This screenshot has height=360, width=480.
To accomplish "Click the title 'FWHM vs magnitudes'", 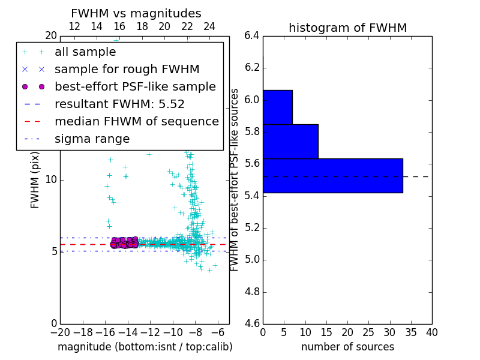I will point(136,13).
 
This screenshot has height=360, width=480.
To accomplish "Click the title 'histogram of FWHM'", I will point(347,28).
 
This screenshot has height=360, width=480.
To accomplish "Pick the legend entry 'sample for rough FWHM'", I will point(127,69).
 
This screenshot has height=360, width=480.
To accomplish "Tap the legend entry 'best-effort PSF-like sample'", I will point(135,86).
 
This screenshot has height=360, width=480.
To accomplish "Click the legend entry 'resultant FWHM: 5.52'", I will point(119,104).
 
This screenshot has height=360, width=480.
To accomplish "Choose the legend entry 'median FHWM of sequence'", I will point(136,121).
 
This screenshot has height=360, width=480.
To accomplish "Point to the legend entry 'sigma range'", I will point(92,139).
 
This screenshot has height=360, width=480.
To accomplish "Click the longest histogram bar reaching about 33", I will point(332,176).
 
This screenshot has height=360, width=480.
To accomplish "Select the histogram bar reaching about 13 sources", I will point(290,141).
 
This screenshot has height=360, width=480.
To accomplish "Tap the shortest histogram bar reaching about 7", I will point(277,107).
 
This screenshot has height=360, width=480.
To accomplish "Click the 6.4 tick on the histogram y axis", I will point(253,35).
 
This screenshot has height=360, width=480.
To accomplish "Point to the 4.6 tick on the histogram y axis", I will point(253,324).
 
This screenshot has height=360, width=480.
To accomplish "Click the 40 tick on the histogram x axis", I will point(431,332).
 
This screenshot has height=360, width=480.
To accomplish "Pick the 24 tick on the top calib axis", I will point(209,26).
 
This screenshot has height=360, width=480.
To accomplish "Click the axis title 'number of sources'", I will point(347,347).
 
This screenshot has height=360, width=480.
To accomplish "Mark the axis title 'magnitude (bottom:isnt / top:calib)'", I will point(145,347).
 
